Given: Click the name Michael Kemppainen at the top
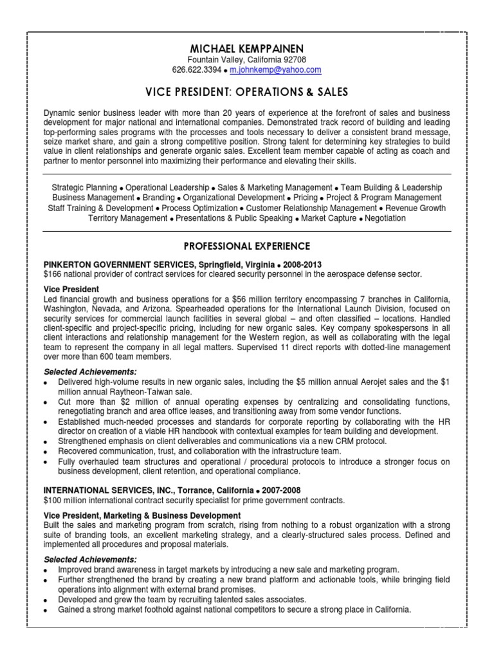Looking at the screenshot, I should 247,49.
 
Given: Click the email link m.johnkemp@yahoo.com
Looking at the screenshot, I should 275,70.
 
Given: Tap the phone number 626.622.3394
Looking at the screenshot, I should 197,70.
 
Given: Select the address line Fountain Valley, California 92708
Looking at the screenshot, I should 247,60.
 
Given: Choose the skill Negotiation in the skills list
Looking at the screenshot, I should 384,218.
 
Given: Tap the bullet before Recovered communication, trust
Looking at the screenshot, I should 46,452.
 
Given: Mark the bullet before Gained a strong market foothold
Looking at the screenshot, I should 46,610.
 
